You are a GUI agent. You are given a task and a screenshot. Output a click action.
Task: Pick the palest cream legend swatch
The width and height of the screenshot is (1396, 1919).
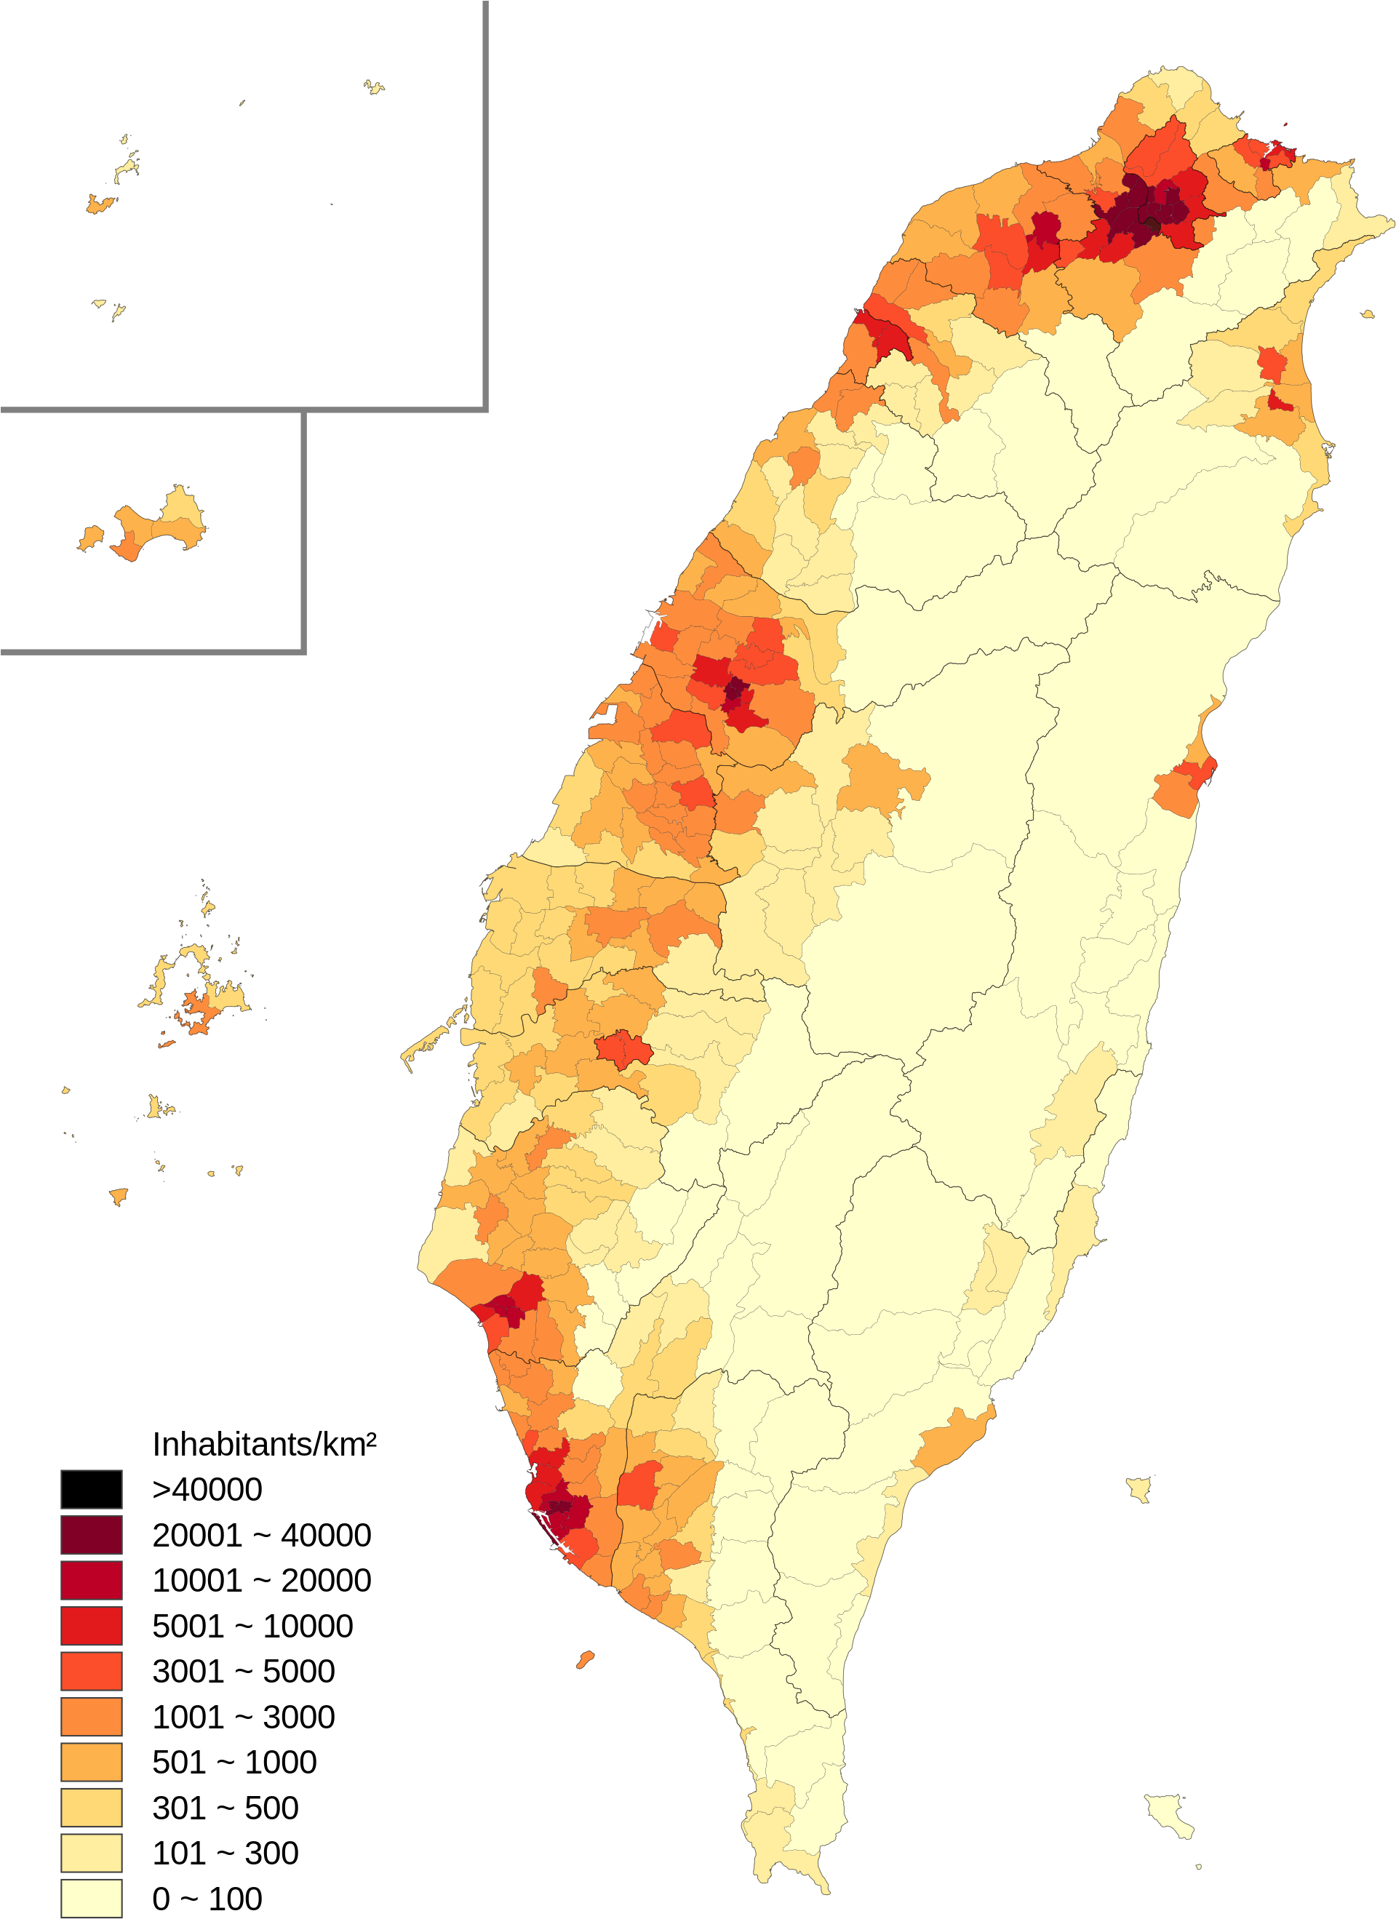(92, 1899)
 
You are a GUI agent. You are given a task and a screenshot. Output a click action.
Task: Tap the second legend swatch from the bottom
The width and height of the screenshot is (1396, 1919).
(92, 1853)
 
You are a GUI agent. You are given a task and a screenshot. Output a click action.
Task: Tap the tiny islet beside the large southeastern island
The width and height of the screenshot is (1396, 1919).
(1198, 1867)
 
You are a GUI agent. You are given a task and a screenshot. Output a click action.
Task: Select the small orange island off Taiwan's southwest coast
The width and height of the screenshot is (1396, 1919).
(585, 1659)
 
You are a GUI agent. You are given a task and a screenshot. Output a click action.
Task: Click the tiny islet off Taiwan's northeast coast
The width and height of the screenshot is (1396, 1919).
(1368, 315)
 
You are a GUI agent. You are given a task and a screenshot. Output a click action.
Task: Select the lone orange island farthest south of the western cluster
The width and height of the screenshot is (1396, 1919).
(119, 1196)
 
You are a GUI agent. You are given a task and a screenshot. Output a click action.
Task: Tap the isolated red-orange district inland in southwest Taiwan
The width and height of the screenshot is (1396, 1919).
(623, 1049)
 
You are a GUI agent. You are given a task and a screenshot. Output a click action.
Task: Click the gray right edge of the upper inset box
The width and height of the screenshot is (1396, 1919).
(486, 203)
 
